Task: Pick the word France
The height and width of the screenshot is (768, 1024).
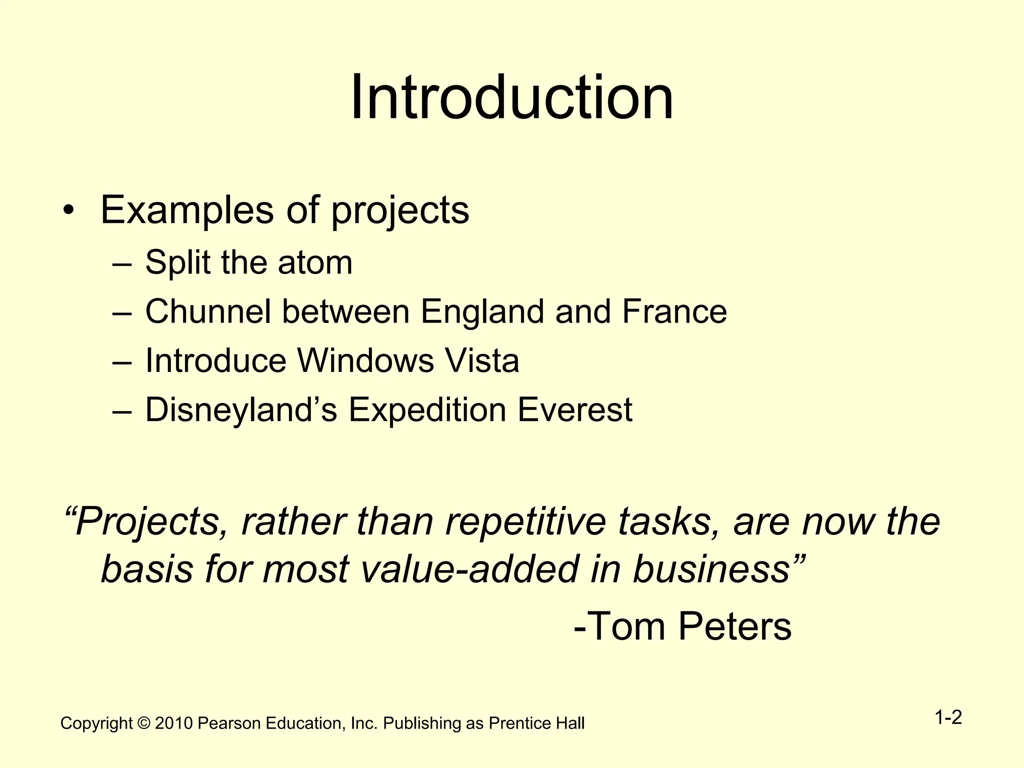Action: tap(674, 311)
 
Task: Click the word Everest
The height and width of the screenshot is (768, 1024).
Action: tap(575, 410)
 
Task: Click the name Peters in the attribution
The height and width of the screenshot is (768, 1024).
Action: tap(735, 626)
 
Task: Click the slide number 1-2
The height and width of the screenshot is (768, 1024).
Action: tap(948, 718)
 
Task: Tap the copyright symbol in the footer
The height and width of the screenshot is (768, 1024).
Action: tap(143, 723)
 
